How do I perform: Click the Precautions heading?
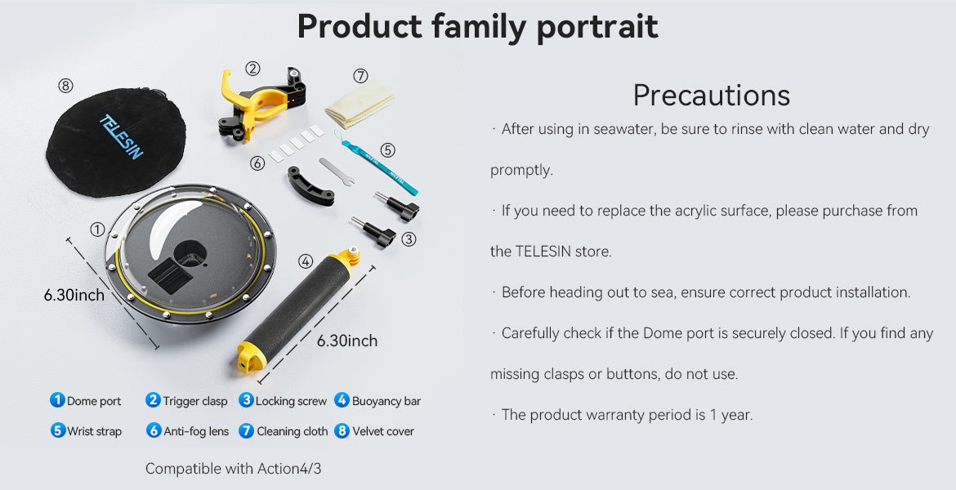[x=711, y=95]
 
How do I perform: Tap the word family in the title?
[x=476, y=28]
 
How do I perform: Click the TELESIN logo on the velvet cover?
[x=121, y=136]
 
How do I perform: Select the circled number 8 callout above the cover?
[x=65, y=85]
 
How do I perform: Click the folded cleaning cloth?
[x=359, y=105]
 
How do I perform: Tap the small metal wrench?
[x=336, y=171]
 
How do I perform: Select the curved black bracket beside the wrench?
[x=310, y=186]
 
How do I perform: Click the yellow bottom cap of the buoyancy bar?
[x=251, y=357]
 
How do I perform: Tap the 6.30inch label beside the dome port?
[x=74, y=296]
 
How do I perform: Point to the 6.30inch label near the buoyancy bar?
[x=347, y=341]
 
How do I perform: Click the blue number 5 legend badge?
[x=57, y=430]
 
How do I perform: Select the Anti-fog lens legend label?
[x=196, y=431]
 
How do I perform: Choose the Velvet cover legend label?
[x=383, y=431]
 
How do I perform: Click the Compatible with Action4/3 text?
[x=233, y=469]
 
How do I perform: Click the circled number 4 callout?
[x=305, y=261]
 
